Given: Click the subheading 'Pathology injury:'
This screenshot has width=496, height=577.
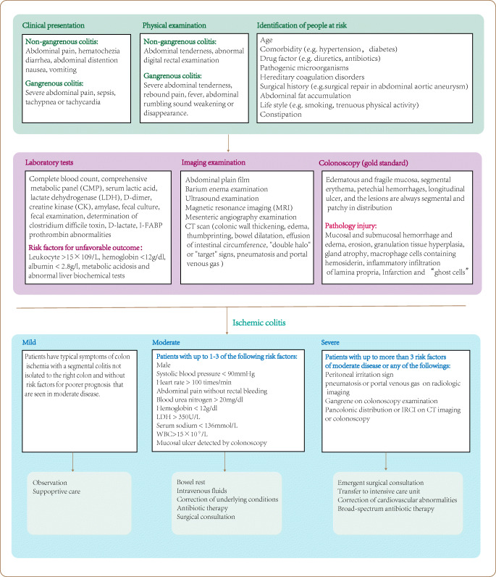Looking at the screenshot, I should point(351,225).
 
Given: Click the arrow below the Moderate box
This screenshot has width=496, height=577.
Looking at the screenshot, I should point(224,462).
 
